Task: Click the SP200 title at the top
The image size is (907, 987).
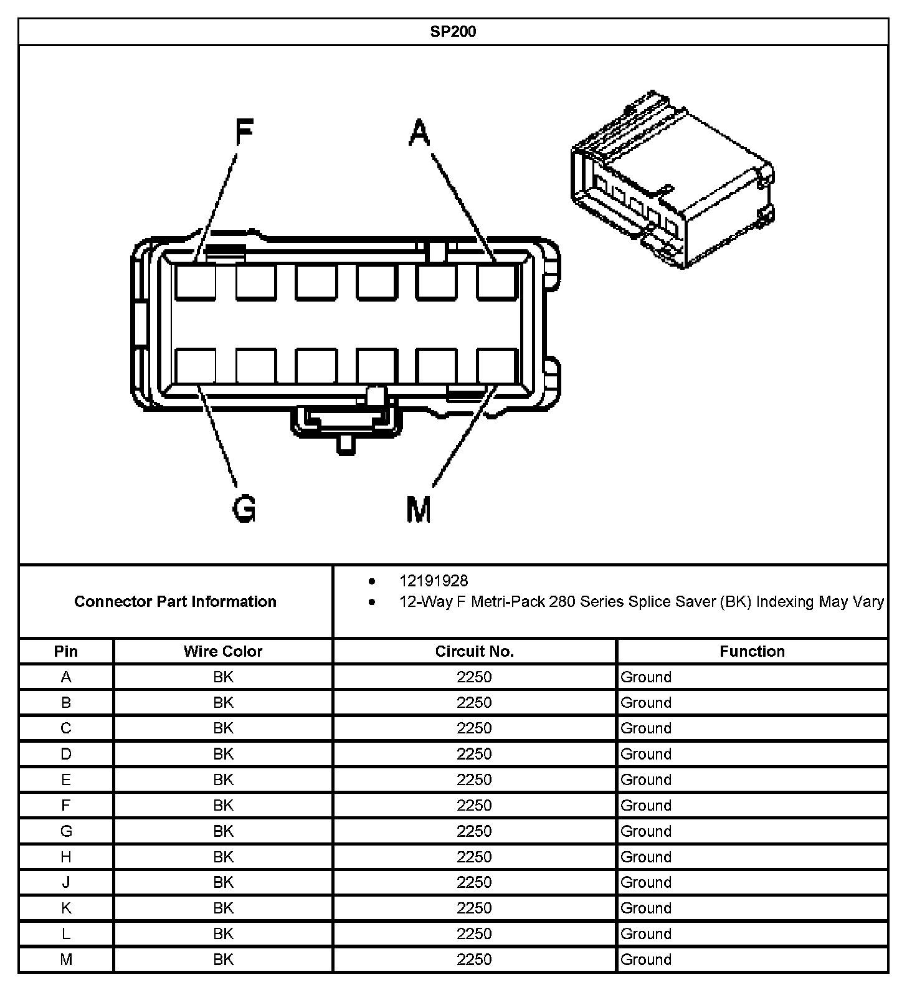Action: point(453,32)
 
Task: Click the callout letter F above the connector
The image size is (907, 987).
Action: point(244,133)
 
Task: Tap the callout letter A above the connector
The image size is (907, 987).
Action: point(419,133)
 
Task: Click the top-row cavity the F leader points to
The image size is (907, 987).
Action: point(195,282)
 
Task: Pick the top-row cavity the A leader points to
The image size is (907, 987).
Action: point(498,282)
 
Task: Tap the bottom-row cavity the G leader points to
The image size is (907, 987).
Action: point(195,368)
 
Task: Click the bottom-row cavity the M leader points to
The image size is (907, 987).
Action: point(498,368)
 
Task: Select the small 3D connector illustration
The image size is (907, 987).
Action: point(673,181)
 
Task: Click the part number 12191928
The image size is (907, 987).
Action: point(434,581)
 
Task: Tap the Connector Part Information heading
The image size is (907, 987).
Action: point(175,601)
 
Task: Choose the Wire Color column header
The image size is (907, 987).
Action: point(223,651)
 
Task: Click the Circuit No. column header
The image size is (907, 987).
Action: point(474,651)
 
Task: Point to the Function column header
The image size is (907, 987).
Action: point(752,651)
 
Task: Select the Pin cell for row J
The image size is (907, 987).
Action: point(66,882)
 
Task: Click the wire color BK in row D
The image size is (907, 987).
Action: point(223,754)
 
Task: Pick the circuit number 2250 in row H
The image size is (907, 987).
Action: point(474,857)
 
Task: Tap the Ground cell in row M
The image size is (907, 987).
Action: point(646,960)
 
